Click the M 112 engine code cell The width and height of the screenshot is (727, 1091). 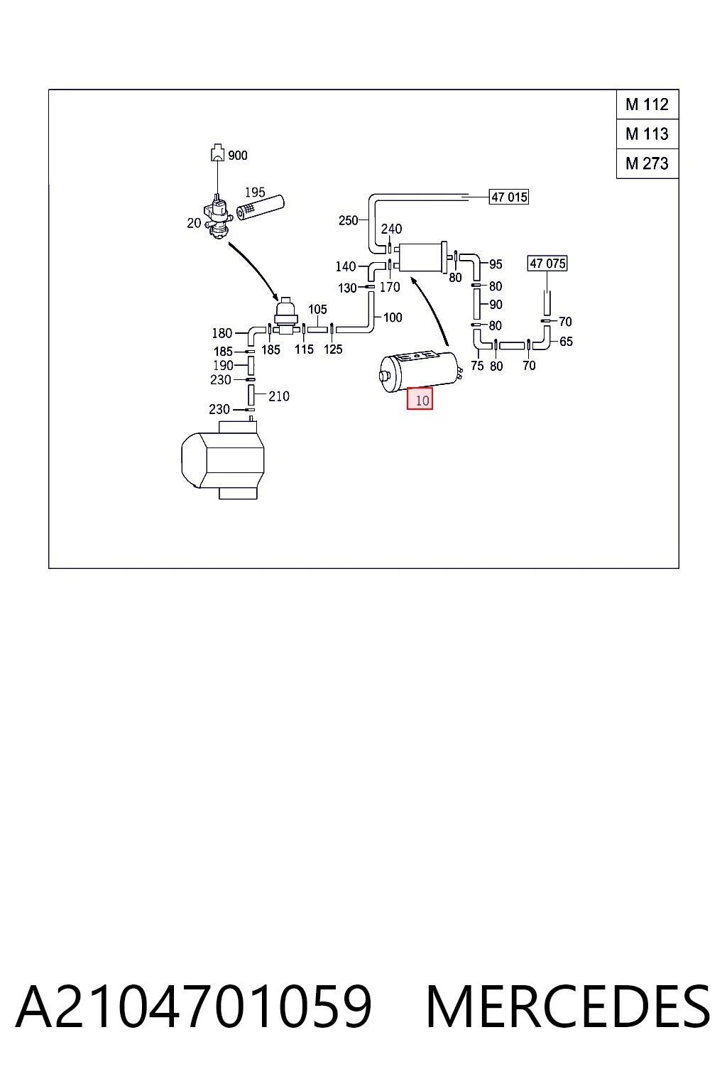pyautogui.click(x=647, y=104)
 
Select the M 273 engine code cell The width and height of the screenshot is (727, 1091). pyautogui.click(x=647, y=163)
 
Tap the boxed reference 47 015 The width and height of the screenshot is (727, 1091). pyautogui.click(x=509, y=197)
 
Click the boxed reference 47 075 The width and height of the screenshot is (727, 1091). pyautogui.click(x=547, y=264)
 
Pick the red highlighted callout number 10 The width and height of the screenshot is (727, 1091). pyautogui.click(x=420, y=398)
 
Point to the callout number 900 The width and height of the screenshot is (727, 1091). pyautogui.click(x=238, y=156)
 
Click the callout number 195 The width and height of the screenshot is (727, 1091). pyautogui.click(x=255, y=192)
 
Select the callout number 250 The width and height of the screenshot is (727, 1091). pyautogui.click(x=348, y=221)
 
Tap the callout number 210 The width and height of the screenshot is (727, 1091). pyautogui.click(x=278, y=396)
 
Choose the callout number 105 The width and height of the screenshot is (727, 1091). pyautogui.click(x=317, y=309)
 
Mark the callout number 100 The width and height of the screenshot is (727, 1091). pyautogui.click(x=393, y=317)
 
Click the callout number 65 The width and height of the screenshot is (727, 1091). pyautogui.click(x=566, y=342)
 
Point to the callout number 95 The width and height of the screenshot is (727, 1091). pyautogui.click(x=496, y=264)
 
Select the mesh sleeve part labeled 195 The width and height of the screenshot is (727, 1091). pyautogui.click(x=260, y=207)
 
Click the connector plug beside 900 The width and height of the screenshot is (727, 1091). pyautogui.click(x=217, y=152)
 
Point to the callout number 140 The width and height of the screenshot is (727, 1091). pyautogui.click(x=345, y=266)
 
